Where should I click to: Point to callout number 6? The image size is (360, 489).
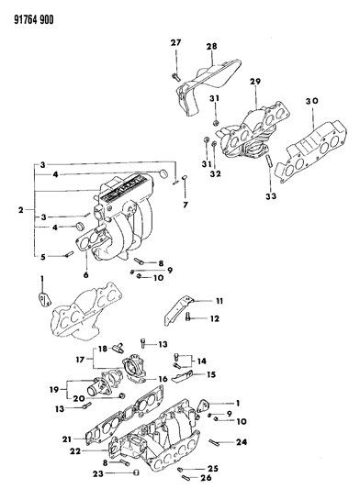[85, 275]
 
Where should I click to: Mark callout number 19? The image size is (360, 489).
[52, 389]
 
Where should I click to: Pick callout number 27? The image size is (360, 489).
[176, 43]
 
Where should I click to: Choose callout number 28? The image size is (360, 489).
[210, 47]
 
